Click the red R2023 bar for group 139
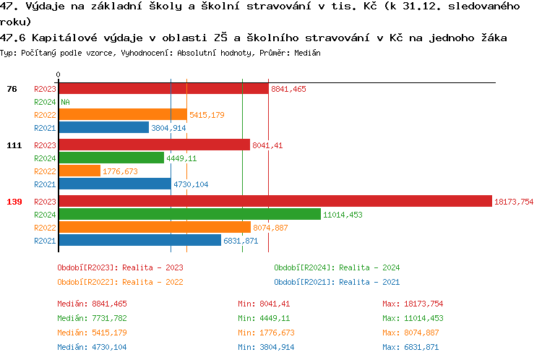[275, 201]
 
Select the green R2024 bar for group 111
[111, 158]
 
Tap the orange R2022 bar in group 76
[122, 114]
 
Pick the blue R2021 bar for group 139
[139, 240]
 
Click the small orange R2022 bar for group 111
[79, 171]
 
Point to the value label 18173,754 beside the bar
[513, 201]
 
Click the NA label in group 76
[65, 102]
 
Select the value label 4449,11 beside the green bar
[181, 158]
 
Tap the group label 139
[14, 201]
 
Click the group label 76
[12, 89]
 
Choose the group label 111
[14, 145]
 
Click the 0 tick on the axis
[58, 74]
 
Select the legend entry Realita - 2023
[120, 267]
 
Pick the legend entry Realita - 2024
[337, 267]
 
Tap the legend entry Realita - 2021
[337, 282]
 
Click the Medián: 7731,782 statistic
[92, 318]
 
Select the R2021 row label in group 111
[45, 184]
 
